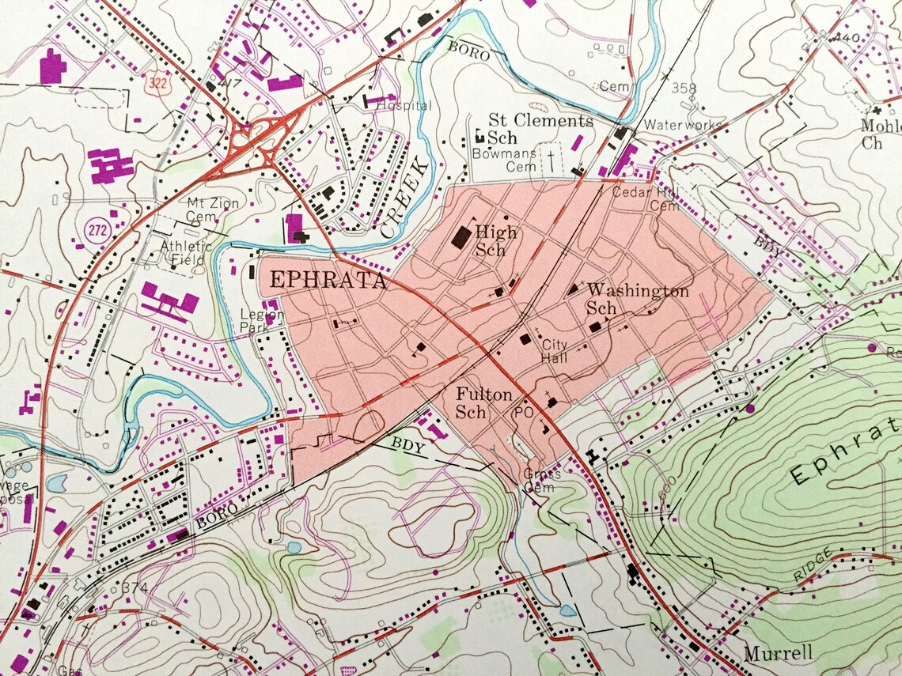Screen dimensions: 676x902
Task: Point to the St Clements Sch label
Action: (x=540, y=129)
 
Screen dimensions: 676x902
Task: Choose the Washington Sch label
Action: (x=635, y=299)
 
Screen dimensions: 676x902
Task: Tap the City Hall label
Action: (x=555, y=351)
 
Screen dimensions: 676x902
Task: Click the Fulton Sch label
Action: (x=483, y=402)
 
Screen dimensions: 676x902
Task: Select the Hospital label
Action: (x=404, y=105)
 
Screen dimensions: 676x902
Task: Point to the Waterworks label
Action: (x=682, y=125)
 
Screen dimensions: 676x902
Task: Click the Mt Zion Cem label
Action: (x=212, y=209)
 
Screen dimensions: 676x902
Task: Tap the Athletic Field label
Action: (x=186, y=251)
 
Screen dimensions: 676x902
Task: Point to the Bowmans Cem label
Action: (x=511, y=161)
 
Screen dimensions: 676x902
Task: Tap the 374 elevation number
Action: (x=135, y=587)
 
